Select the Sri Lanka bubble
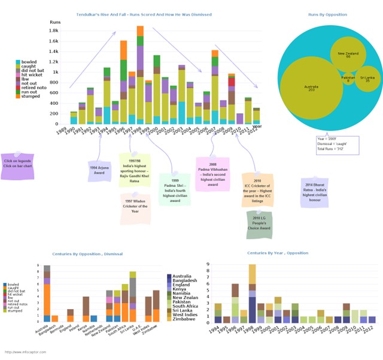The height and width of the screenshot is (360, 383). click(368, 78)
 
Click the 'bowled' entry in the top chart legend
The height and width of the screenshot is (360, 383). click(28, 62)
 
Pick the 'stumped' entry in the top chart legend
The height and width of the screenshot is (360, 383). click(29, 95)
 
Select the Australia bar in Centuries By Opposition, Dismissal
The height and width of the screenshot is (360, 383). click(47, 293)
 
